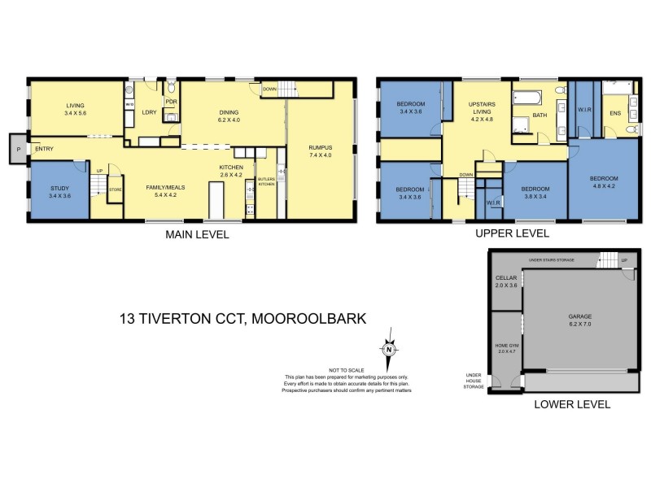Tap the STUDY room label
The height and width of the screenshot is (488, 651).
(x=60, y=191)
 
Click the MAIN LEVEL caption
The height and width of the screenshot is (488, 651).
(x=197, y=235)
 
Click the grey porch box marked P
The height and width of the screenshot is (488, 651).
(x=17, y=150)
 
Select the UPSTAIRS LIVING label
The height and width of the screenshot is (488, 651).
(x=482, y=110)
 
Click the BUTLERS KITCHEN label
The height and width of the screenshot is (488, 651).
(x=267, y=181)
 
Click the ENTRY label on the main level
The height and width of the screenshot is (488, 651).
(x=45, y=148)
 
